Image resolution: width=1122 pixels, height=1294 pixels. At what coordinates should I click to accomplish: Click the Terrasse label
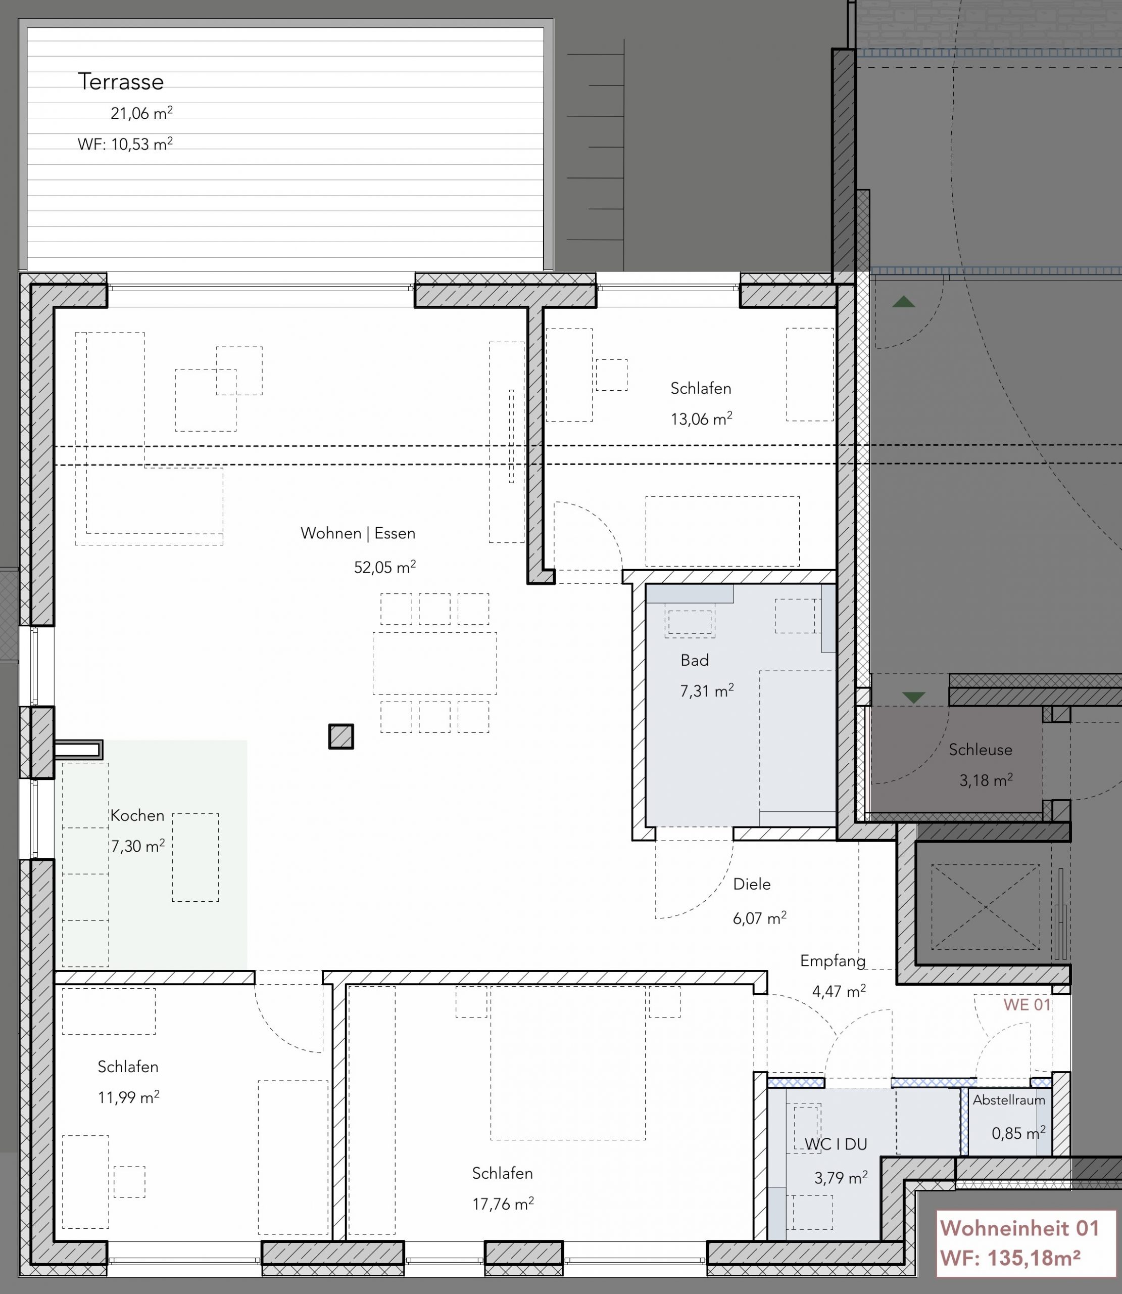[121, 81]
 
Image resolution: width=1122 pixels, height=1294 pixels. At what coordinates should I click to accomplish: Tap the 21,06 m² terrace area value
[141, 113]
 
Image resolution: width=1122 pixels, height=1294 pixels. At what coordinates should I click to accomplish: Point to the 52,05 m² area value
[385, 567]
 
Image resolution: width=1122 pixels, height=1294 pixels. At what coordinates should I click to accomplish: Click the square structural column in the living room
[341, 736]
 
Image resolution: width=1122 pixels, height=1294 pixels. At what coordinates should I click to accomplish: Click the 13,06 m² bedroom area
[701, 419]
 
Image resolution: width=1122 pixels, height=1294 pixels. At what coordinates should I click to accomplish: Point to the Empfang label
[833, 961]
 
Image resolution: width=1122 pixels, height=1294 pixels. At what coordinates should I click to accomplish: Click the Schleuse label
[980, 750]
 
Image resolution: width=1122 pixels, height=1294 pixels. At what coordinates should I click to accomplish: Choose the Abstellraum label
[1009, 1100]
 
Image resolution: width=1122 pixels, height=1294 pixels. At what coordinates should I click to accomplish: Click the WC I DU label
[836, 1144]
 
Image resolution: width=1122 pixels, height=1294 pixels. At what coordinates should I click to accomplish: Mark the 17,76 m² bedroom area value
[503, 1204]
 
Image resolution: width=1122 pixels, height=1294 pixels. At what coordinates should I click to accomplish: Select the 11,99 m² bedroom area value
[128, 1097]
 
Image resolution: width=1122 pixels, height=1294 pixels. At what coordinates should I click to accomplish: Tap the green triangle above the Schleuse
[914, 697]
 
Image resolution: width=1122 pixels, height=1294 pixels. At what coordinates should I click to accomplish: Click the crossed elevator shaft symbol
[985, 907]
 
